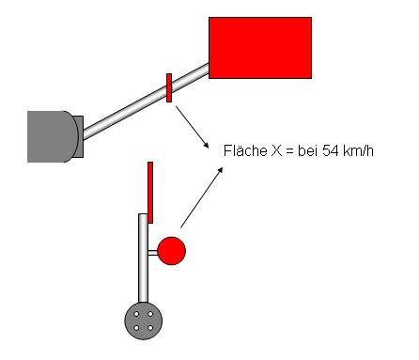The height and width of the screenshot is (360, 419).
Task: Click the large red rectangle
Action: tap(260, 48)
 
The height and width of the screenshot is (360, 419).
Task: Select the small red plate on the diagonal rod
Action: tap(169, 87)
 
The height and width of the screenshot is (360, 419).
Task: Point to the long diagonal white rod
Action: tap(146, 102)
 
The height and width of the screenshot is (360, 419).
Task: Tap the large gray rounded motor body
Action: tap(53, 136)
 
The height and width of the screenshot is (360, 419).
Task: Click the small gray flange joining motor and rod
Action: tap(79, 136)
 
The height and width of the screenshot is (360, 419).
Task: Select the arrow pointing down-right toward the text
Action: tap(192, 127)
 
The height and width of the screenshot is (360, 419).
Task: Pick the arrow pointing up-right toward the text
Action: tap(202, 197)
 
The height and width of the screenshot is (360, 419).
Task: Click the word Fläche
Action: tap(245, 150)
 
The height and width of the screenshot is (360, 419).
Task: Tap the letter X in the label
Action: tap(277, 151)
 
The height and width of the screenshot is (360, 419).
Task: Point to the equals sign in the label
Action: tap(290, 151)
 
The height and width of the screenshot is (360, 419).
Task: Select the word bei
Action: tap(308, 150)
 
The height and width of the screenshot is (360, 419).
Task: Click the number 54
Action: tap(331, 150)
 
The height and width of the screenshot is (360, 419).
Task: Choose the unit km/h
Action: tap(358, 150)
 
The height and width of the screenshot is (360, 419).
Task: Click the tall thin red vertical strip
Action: tap(150, 193)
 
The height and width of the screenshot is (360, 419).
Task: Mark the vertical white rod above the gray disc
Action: tap(143, 258)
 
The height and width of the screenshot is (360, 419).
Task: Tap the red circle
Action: tap(172, 251)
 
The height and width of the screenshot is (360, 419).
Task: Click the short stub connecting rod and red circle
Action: tap(153, 253)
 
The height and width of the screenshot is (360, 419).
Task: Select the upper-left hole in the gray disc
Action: tap(136, 314)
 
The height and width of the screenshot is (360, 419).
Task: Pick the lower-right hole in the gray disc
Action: tap(150, 328)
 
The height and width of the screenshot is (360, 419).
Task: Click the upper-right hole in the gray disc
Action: tap(150, 314)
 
